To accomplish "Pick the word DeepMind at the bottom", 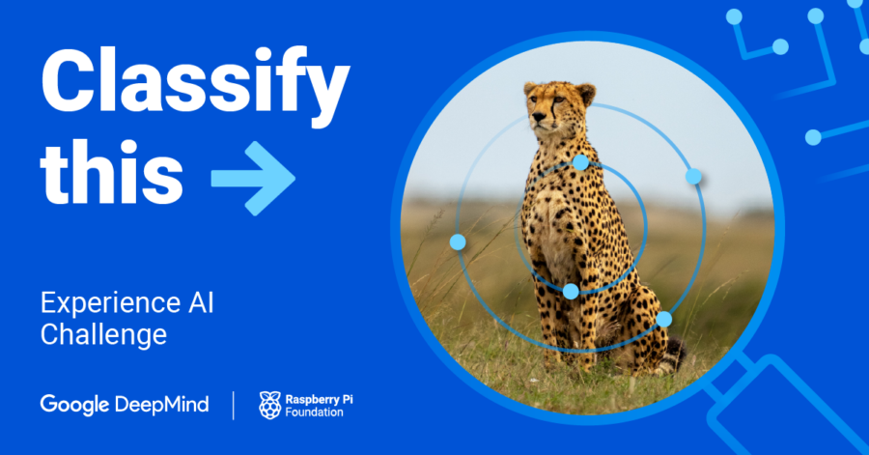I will (161, 404).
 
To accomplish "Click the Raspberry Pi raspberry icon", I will (270, 405).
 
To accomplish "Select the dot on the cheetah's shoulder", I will (580, 162).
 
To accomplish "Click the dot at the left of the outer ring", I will (458, 242).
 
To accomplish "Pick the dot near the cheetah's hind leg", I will (664, 319).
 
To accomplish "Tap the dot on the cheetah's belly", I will (571, 291).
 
